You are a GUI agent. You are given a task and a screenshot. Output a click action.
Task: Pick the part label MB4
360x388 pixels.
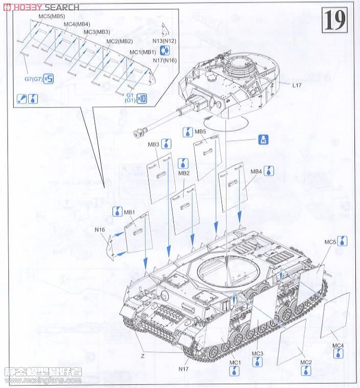coord(256,171)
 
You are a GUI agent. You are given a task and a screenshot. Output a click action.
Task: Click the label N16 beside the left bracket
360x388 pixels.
coord(100,229)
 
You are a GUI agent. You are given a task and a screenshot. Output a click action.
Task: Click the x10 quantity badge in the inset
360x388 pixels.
coord(139,98)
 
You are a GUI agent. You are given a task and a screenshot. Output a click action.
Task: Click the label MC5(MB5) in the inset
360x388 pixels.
coord(51,16)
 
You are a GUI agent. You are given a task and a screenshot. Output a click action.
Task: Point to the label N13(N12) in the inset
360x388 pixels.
coord(165,39)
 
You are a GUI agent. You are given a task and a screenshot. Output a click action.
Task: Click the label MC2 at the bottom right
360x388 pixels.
coord(306,362)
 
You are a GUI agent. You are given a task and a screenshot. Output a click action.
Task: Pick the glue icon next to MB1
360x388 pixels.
coord(117,210)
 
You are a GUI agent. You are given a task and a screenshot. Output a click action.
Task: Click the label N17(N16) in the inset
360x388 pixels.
coord(165,60)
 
